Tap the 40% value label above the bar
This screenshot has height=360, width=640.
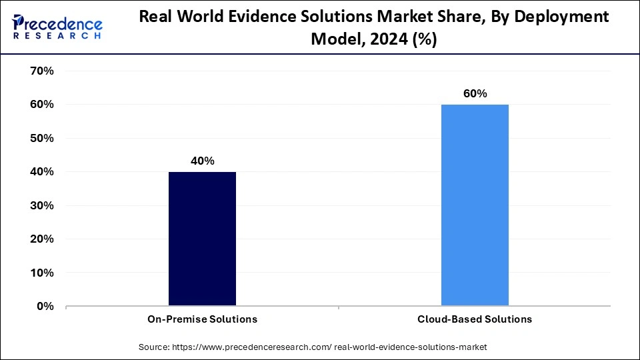pos(202,161)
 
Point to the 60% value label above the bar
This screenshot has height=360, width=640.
pos(475,94)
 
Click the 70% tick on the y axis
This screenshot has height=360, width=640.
pos(41,71)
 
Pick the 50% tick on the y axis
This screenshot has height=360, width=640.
pos(41,138)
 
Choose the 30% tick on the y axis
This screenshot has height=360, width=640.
pos(41,205)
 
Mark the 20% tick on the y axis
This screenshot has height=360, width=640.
pos(41,239)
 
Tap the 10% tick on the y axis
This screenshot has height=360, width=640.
pos(41,273)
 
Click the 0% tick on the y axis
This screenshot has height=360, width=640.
pos(44,306)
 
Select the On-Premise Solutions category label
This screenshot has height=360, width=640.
pos(202,319)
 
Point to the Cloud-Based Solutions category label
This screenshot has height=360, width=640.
pos(475,319)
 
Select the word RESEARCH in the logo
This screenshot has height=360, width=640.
pos(57,35)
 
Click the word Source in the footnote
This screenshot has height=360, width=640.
pos(154,347)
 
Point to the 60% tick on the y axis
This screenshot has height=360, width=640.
pos(41,105)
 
